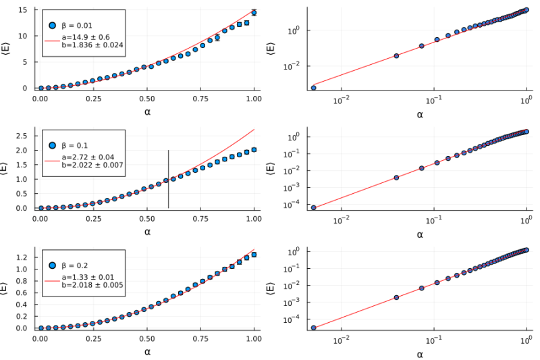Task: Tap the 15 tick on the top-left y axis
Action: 22,10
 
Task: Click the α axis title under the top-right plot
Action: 419,114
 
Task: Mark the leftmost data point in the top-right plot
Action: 314,88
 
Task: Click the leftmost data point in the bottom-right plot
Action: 314,328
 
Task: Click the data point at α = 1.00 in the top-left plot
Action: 254,12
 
